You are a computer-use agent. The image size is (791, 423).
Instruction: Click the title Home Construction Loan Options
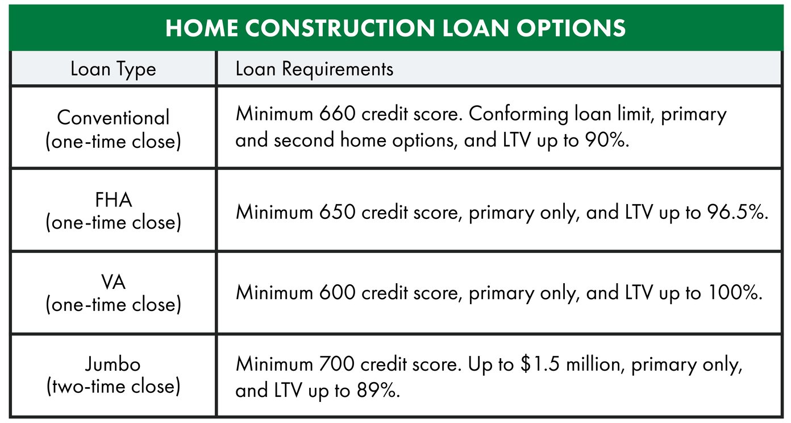(396, 28)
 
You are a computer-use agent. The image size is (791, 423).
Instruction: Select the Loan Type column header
(113, 69)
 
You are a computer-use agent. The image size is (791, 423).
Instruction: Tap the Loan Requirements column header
(314, 69)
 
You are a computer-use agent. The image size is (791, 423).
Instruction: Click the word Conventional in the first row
(113, 118)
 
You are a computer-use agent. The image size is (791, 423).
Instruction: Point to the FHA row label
(113, 200)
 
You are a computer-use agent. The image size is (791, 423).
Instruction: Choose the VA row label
(113, 282)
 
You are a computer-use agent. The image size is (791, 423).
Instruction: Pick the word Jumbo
(113, 364)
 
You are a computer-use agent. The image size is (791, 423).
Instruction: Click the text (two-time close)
(113, 386)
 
